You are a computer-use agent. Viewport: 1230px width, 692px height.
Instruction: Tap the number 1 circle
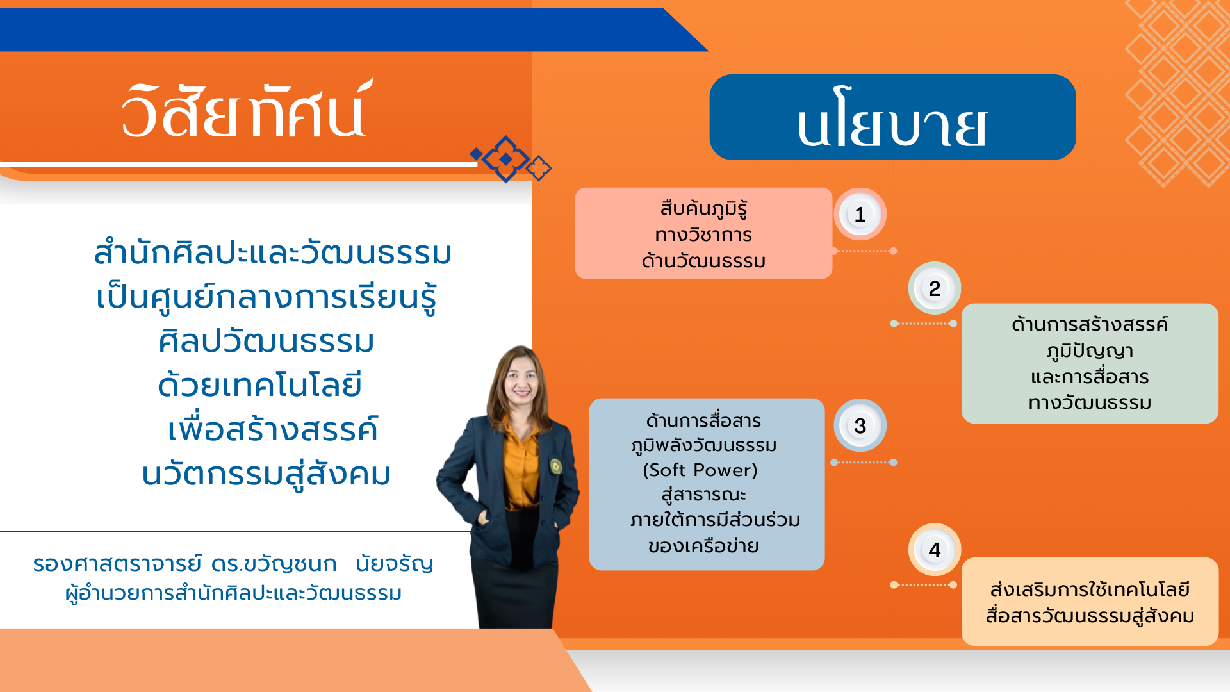tap(860, 214)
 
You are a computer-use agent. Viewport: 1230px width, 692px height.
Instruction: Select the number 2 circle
tap(935, 288)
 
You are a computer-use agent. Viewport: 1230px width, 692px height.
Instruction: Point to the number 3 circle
tap(860, 425)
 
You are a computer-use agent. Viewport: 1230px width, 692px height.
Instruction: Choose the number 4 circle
tap(935, 550)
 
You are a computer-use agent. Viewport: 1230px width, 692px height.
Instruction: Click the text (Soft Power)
tap(700, 470)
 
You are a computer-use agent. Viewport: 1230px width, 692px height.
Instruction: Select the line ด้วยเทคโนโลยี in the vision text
tap(260, 385)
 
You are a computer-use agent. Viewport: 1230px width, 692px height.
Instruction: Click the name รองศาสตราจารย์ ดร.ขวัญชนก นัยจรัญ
tap(233, 564)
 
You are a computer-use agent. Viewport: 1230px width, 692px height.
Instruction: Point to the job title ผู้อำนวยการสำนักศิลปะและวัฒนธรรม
tap(233, 593)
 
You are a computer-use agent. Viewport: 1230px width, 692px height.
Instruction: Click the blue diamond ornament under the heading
tap(506, 159)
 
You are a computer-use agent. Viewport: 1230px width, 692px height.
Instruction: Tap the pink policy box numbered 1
tap(703, 233)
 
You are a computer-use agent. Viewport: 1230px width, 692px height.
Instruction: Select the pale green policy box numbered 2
tap(1090, 363)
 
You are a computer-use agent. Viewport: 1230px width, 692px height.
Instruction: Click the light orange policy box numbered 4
tap(1090, 602)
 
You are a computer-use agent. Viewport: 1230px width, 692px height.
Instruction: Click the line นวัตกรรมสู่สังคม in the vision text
tap(266, 475)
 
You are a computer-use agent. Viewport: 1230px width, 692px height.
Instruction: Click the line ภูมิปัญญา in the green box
tap(1090, 351)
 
